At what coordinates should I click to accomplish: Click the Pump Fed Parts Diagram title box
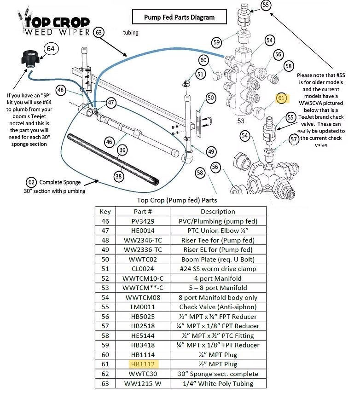(179, 17)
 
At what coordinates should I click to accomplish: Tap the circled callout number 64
(51, 48)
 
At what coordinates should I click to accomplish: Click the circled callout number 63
(99, 32)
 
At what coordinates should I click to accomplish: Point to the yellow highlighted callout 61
(282, 98)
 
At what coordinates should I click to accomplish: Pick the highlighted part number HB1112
(143, 364)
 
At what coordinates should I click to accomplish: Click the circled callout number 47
(111, 102)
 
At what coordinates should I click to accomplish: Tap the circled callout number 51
(200, 74)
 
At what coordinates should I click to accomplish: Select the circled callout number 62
(31, 182)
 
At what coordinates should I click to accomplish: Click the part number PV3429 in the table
(143, 221)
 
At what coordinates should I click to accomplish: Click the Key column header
(105, 212)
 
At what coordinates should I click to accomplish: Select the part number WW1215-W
(143, 383)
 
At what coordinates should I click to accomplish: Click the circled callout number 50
(210, 98)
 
